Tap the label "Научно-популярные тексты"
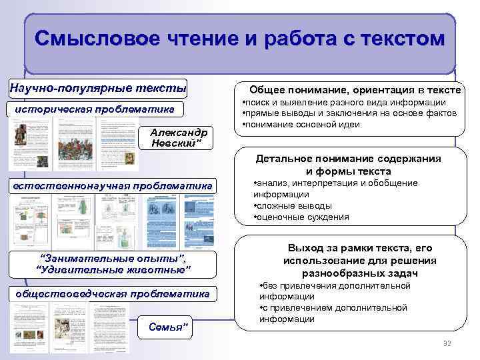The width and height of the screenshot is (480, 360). pos(97,87)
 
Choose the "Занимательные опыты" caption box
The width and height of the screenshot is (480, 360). pos(113,263)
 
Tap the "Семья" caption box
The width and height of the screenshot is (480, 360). pos(167,327)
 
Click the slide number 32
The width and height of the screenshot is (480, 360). pos(447,343)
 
